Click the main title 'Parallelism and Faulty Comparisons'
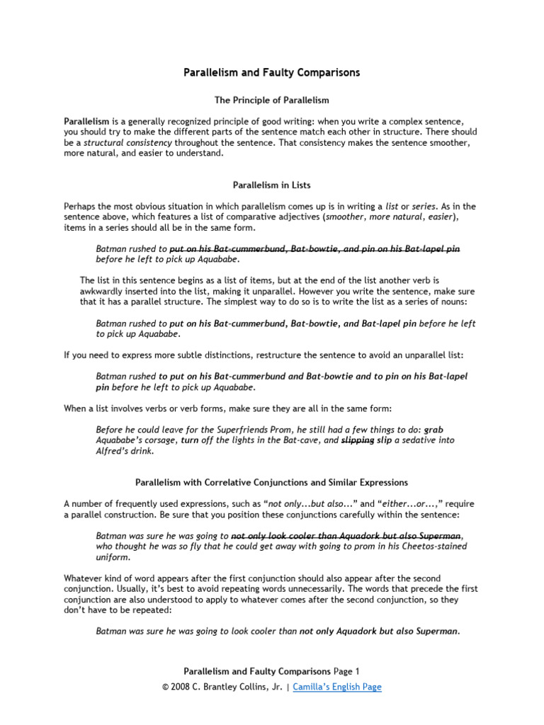coord(272,73)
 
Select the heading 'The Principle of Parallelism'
coord(272,101)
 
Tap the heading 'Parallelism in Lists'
coord(272,185)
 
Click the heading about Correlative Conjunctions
coord(272,483)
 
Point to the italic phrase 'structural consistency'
coord(128,142)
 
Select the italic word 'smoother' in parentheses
coord(345,217)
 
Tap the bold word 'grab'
coord(433,430)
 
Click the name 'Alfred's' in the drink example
coord(113,451)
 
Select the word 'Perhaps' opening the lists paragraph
coord(80,207)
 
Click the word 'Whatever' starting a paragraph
coord(83,578)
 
